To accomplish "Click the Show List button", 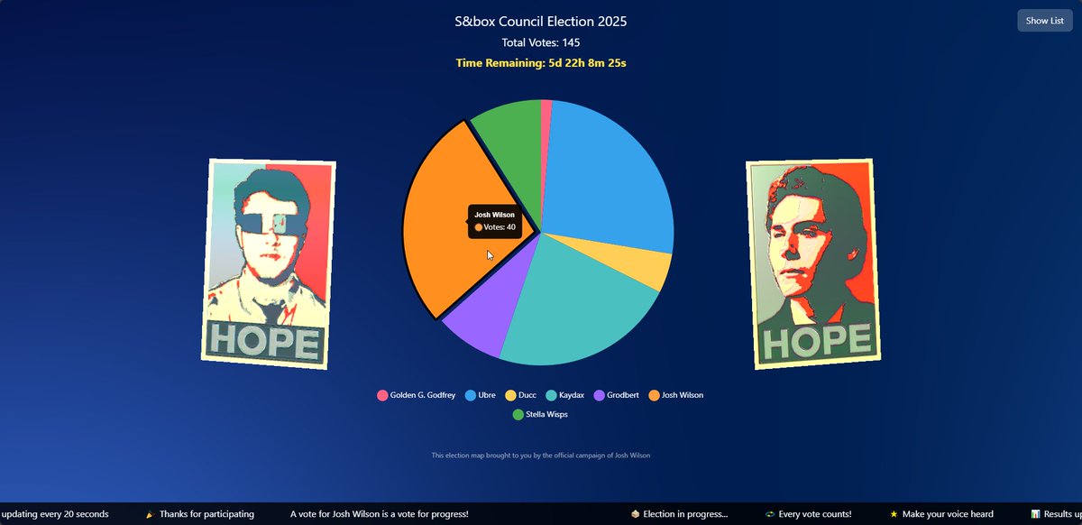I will [x=1044, y=21].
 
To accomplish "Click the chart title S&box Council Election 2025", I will [x=540, y=21].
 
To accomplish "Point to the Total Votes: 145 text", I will [x=540, y=42].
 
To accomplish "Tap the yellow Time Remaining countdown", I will [x=540, y=62].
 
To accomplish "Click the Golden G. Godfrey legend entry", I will [x=416, y=395].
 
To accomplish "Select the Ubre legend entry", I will [x=480, y=395].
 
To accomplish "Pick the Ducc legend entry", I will [x=522, y=395].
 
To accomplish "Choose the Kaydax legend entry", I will [x=564, y=395].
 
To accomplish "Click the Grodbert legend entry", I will [x=618, y=395].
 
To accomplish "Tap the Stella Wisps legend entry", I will [x=540, y=415].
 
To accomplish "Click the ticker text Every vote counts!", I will [x=814, y=514].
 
